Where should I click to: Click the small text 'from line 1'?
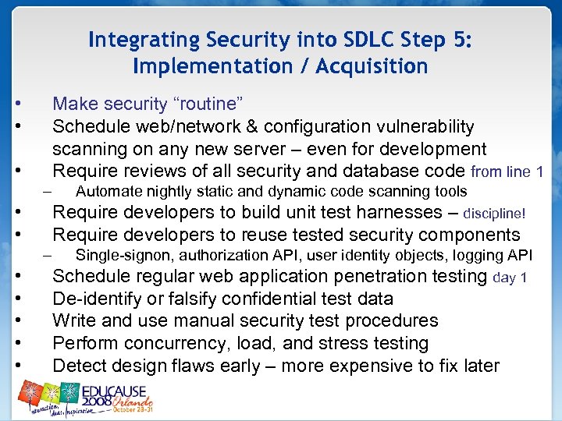(x=508, y=172)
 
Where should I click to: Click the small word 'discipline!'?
(x=494, y=213)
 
